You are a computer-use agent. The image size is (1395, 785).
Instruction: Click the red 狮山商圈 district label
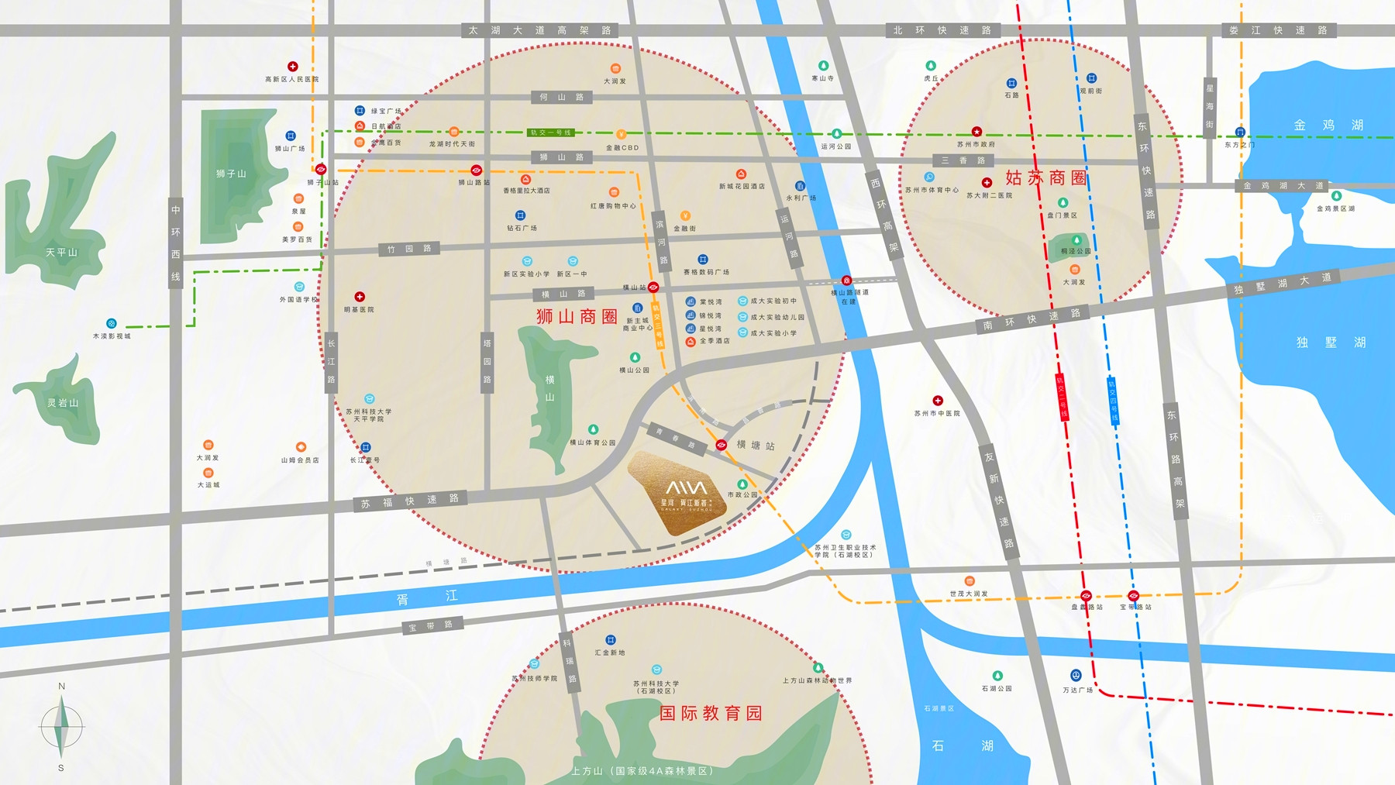pos(577,316)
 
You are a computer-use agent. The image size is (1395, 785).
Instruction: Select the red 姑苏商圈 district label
pos(1045,177)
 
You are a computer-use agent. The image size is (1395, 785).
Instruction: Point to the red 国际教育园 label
pos(710,713)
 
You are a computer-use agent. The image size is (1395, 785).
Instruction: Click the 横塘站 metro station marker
pos(721,445)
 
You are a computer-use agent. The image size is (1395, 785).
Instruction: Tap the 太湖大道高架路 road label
pos(539,30)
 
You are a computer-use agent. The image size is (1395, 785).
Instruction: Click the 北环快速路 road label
pos(942,30)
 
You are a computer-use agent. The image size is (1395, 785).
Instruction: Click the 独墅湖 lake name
pos(1330,342)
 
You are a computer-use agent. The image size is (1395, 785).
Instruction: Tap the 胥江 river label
pos(427,597)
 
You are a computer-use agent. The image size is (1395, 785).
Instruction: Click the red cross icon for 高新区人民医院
pos(292,67)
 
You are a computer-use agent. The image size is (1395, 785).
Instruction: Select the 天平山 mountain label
pos(61,252)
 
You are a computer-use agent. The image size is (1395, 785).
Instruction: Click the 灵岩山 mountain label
pos(63,403)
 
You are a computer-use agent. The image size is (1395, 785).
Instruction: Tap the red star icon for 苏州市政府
pos(976,133)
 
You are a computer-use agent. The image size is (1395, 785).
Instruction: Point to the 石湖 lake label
pos(962,745)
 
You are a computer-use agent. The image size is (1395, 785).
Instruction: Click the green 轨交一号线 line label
pos(551,133)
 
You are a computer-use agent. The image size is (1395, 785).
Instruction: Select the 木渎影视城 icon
pos(111,323)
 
